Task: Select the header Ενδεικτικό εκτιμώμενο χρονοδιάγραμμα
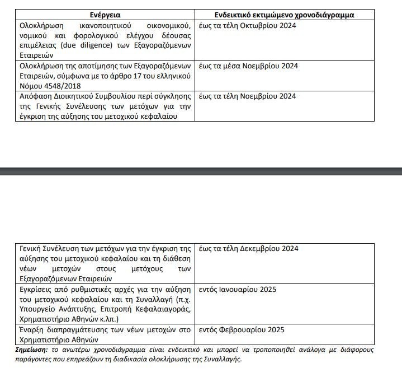tap(285, 15)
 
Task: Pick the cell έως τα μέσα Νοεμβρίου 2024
tap(250, 66)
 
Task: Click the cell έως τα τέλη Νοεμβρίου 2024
tap(249, 96)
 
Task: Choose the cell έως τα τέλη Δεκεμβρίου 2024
tap(249, 249)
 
